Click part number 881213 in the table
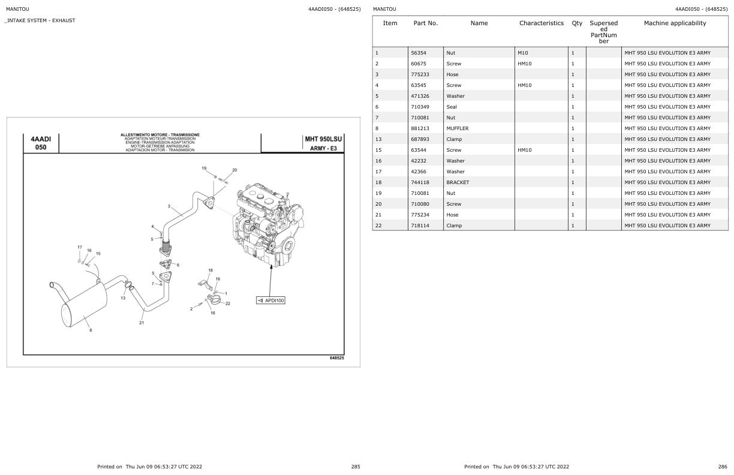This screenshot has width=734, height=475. (420, 128)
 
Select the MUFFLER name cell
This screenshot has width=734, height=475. (458, 128)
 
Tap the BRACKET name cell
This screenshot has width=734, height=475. (458, 182)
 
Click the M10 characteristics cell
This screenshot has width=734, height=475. (522, 53)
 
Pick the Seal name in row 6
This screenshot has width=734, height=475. (451, 107)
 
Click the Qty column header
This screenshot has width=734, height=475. (577, 23)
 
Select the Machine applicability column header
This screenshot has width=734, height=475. (675, 23)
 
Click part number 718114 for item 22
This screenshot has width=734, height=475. (420, 226)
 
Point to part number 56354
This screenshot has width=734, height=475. (418, 53)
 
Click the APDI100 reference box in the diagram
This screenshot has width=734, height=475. (270, 300)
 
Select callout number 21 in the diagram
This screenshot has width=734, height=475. (142, 323)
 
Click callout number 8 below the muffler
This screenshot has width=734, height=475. (91, 330)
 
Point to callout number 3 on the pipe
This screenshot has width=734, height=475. (169, 206)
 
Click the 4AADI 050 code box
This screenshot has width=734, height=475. (41, 143)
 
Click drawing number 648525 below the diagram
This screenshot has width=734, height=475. (336, 358)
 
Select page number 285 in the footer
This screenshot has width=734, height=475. (356, 466)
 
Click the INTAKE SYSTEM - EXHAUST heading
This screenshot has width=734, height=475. (40, 20)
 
